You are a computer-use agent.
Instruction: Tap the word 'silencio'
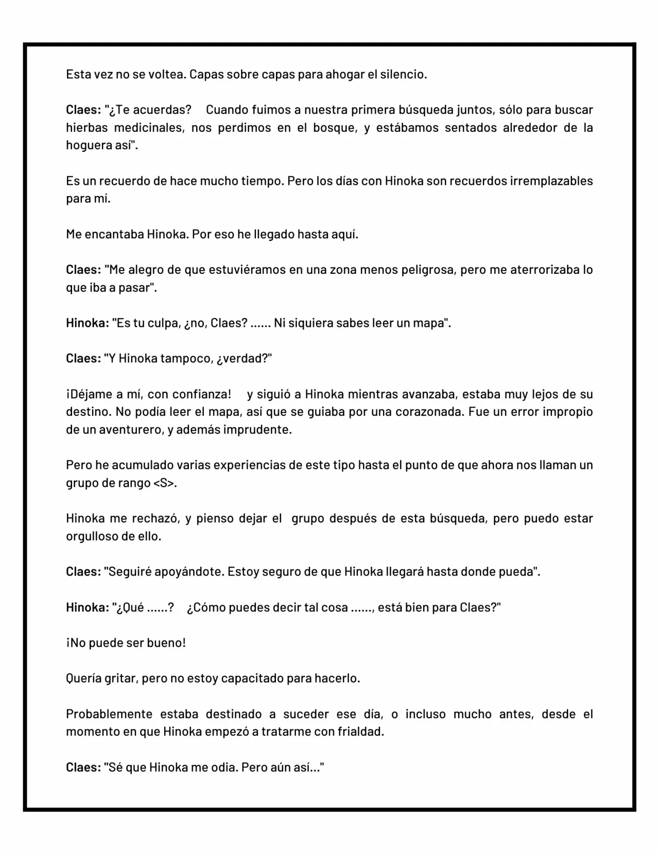tap(403, 75)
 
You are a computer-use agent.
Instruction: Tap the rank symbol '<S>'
tap(164, 483)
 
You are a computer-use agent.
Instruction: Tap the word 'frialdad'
tap(361, 732)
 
